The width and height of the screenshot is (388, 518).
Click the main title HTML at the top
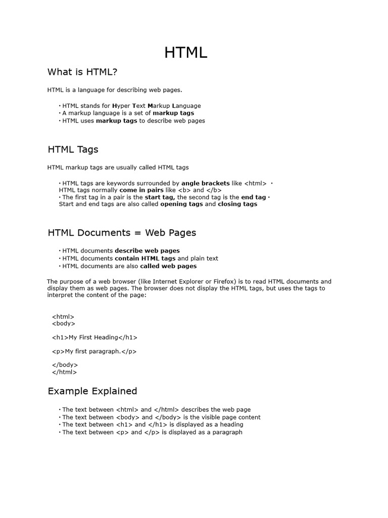(185, 53)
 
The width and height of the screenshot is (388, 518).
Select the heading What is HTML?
(82, 72)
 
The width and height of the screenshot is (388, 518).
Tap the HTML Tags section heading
(73, 150)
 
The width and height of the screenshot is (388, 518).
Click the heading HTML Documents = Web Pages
(122, 233)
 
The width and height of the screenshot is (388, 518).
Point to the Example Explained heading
(92, 391)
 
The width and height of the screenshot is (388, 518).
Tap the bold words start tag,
(160, 197)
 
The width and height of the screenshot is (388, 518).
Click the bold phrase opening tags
(181, 204)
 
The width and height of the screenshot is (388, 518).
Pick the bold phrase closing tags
(237, 204)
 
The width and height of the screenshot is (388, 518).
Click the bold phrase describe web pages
(147, 251)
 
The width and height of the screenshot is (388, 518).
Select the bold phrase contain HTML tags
(145, 258)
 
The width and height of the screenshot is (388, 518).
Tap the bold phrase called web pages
(168, 266)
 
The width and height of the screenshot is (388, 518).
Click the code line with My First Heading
(94, 337)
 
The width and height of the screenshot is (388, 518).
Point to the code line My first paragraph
(94, 351)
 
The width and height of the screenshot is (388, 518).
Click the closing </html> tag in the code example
(64, 372)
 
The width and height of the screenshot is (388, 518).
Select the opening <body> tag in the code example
(63, 324)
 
